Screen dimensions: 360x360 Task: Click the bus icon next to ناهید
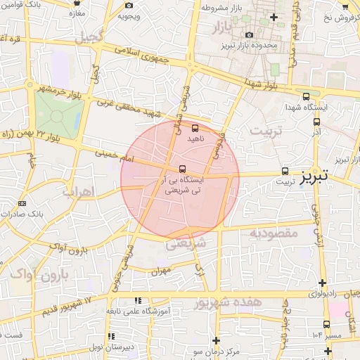tap(195, 129)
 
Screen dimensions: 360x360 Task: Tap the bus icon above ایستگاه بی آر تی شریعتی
tap(183, 169)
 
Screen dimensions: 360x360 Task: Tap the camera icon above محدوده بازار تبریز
tap(249, 35)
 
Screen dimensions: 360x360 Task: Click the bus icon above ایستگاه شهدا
tap(305, 97)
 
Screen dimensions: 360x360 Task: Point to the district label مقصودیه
tap(274, 233)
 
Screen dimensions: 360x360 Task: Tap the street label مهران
tap(161, 271)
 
